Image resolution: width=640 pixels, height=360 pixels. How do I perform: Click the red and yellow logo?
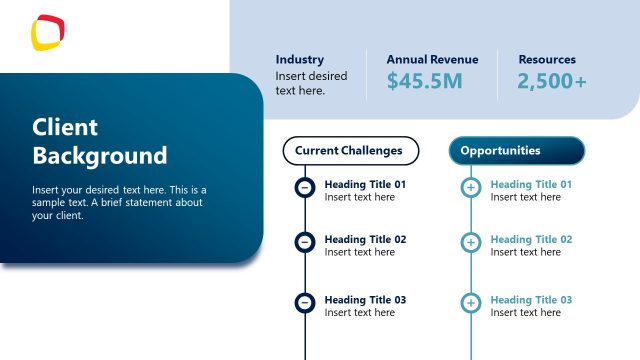coord(47,31)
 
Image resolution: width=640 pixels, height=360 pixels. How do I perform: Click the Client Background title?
coord(99,141)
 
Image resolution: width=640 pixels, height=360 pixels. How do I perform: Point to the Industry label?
coord(300,59)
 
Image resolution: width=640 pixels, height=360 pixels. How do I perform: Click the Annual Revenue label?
coord(432,59)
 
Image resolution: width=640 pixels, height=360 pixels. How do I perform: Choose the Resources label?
coord(547,59)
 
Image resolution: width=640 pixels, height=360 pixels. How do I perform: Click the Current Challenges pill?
coord(349,151)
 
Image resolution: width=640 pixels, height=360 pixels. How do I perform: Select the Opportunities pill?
coord(516,151)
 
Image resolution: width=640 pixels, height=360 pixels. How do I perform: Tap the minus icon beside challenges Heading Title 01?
coord(305,187)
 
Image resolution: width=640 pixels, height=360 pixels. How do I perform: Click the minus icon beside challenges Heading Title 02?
coord(305,242)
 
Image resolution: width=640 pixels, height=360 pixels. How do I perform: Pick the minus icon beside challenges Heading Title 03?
coord(305,302)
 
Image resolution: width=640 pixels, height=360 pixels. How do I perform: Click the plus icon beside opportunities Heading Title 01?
coord(471,187)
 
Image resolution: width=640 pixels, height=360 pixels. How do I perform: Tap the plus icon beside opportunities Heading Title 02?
coord(471,242)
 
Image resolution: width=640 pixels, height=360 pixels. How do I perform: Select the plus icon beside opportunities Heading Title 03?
coord(471,302)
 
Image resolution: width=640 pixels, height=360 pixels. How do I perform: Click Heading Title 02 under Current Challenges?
coord(365,240)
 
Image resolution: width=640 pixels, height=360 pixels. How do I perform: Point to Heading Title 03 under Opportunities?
coord(531,300)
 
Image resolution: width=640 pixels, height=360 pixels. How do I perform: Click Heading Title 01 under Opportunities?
coord(531,185)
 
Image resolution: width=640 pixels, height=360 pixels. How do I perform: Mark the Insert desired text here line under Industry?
coord(311,83)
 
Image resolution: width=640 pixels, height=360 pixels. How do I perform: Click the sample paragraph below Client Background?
coord(118,202)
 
